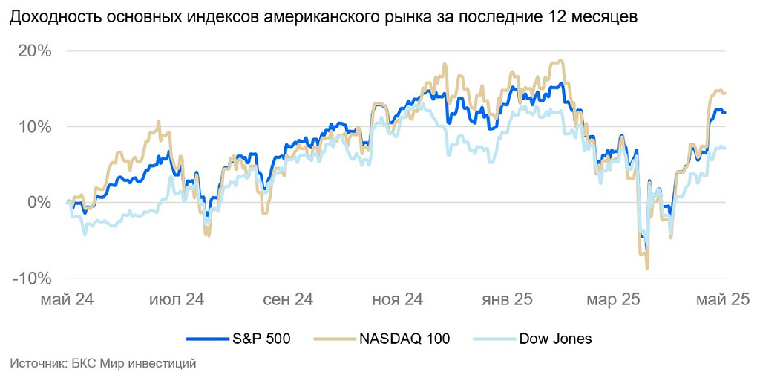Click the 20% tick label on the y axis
[35, 51]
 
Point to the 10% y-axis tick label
[35, 127]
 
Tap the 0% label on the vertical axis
[40, 203]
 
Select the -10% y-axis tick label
[32, 278]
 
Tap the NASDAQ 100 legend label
[404, 339]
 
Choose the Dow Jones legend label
[555, 339]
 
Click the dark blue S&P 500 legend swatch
[205, 339]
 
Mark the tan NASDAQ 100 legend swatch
[333, 339]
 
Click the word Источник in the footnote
[33, 364]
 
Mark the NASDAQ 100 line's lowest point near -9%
[647, 267]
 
